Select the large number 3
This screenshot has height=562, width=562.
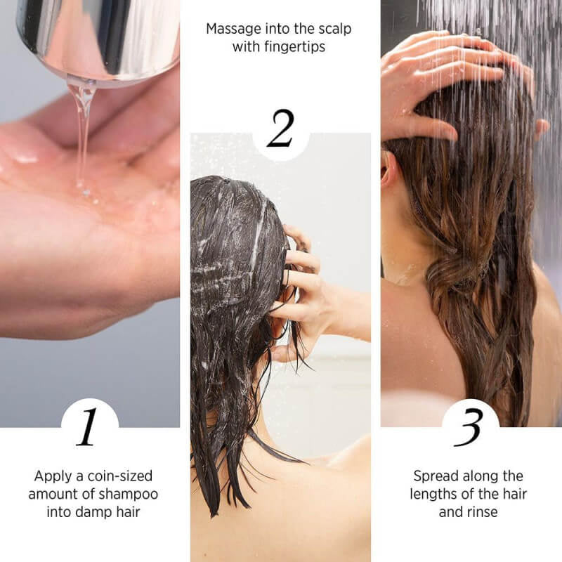(x=469, y=427)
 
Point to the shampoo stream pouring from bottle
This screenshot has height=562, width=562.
(x=82, y=133)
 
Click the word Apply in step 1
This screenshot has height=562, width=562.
(x=52, y=476)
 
